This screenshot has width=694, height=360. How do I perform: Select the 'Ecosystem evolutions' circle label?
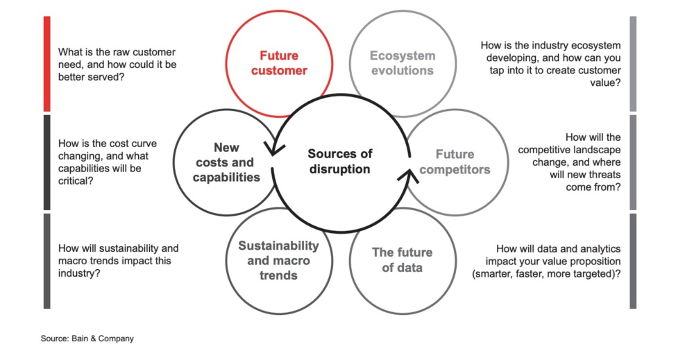pos(402,62)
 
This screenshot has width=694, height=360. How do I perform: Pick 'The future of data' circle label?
pos(402,259)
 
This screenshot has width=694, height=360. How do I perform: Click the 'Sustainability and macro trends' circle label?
pos(278,260)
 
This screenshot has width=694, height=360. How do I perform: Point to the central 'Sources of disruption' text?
pos(340,161)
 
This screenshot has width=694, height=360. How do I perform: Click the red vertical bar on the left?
pos(46,63)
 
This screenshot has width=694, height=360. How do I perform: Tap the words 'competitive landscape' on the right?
pos(569,150)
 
